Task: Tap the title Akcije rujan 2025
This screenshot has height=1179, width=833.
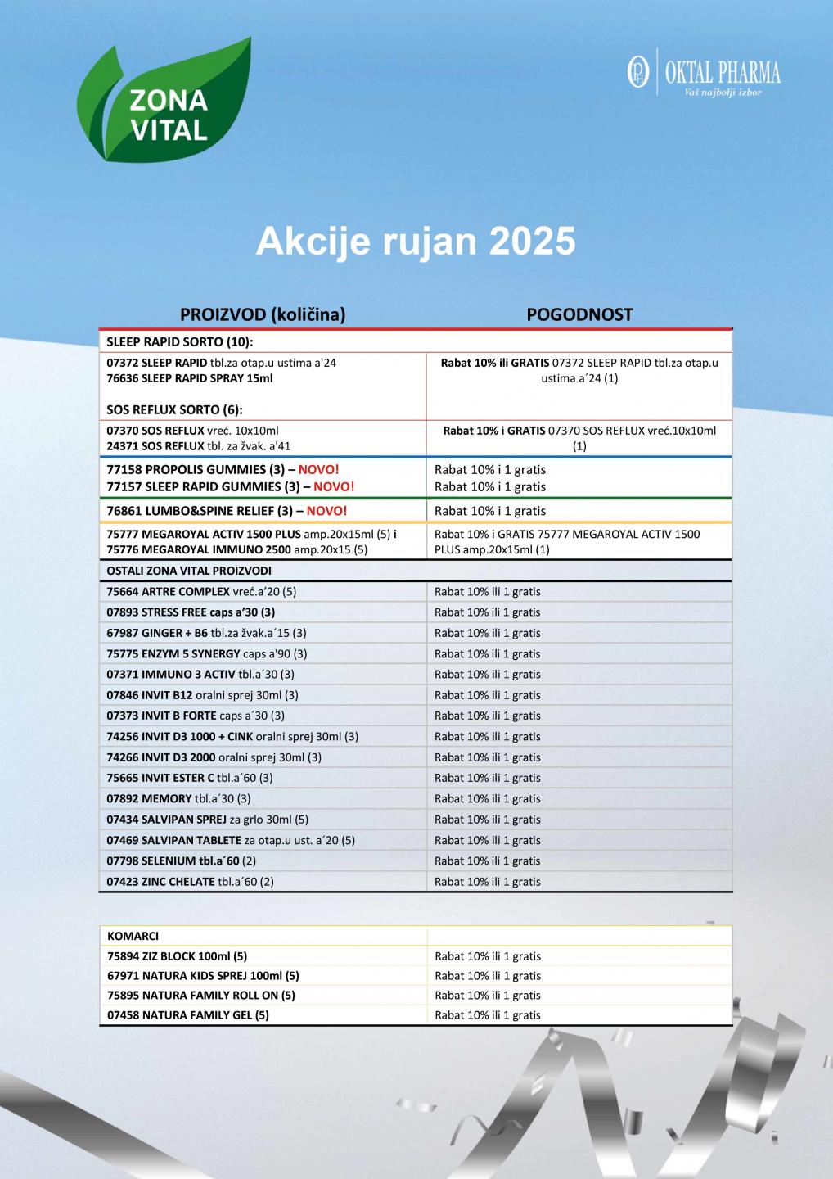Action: [x=416, y=242]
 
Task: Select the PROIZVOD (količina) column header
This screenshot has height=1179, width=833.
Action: [x=262, y=314]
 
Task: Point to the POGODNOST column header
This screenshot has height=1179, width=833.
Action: [x=579, y=314]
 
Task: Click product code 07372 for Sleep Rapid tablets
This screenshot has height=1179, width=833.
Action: [x=123, y=363]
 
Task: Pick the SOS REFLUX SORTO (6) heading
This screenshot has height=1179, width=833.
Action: [x=175, y=409]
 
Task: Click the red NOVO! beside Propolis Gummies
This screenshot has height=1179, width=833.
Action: [x=318, y=470]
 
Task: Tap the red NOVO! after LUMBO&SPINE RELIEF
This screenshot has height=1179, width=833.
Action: [x=326, y=511]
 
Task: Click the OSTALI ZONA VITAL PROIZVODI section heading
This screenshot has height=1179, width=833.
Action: [x=189, y=571]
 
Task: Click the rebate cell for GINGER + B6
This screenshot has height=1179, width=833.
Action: [x=487, y=633]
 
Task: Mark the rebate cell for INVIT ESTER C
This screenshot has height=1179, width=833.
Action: [x=487, y=778]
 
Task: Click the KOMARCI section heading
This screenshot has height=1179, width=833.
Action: [x=133, y=936]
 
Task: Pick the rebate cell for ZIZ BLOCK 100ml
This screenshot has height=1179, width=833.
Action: [x=487, y=956]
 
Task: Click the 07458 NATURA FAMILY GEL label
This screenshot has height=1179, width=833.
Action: [x=188, y=1015]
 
